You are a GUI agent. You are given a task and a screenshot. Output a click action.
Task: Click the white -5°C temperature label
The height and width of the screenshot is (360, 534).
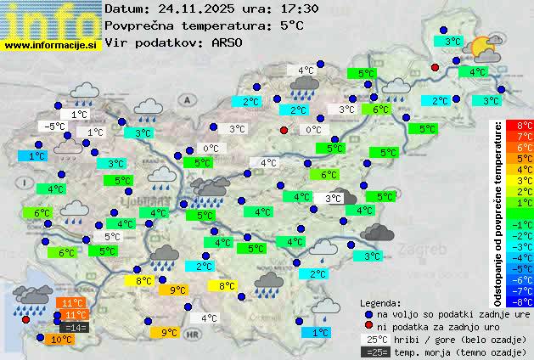(x=56, y=127)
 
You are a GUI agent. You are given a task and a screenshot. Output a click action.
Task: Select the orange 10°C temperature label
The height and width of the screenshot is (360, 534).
(x=61, y=340)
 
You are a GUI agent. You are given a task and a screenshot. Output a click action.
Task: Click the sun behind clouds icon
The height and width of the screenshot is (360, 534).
(x=486, y=48)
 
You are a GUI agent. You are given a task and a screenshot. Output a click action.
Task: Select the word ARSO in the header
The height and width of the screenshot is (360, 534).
(x=228, y=42)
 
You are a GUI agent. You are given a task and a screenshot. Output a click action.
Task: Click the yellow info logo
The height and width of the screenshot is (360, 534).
(x=50, y=20)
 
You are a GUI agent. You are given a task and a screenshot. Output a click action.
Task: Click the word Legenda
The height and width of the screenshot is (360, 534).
(x=380, y=303)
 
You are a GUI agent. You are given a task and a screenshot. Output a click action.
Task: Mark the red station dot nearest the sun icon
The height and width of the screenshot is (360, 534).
(x=436, y=67)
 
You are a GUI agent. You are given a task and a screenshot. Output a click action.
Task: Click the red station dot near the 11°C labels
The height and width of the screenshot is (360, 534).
(x=25, y=321)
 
